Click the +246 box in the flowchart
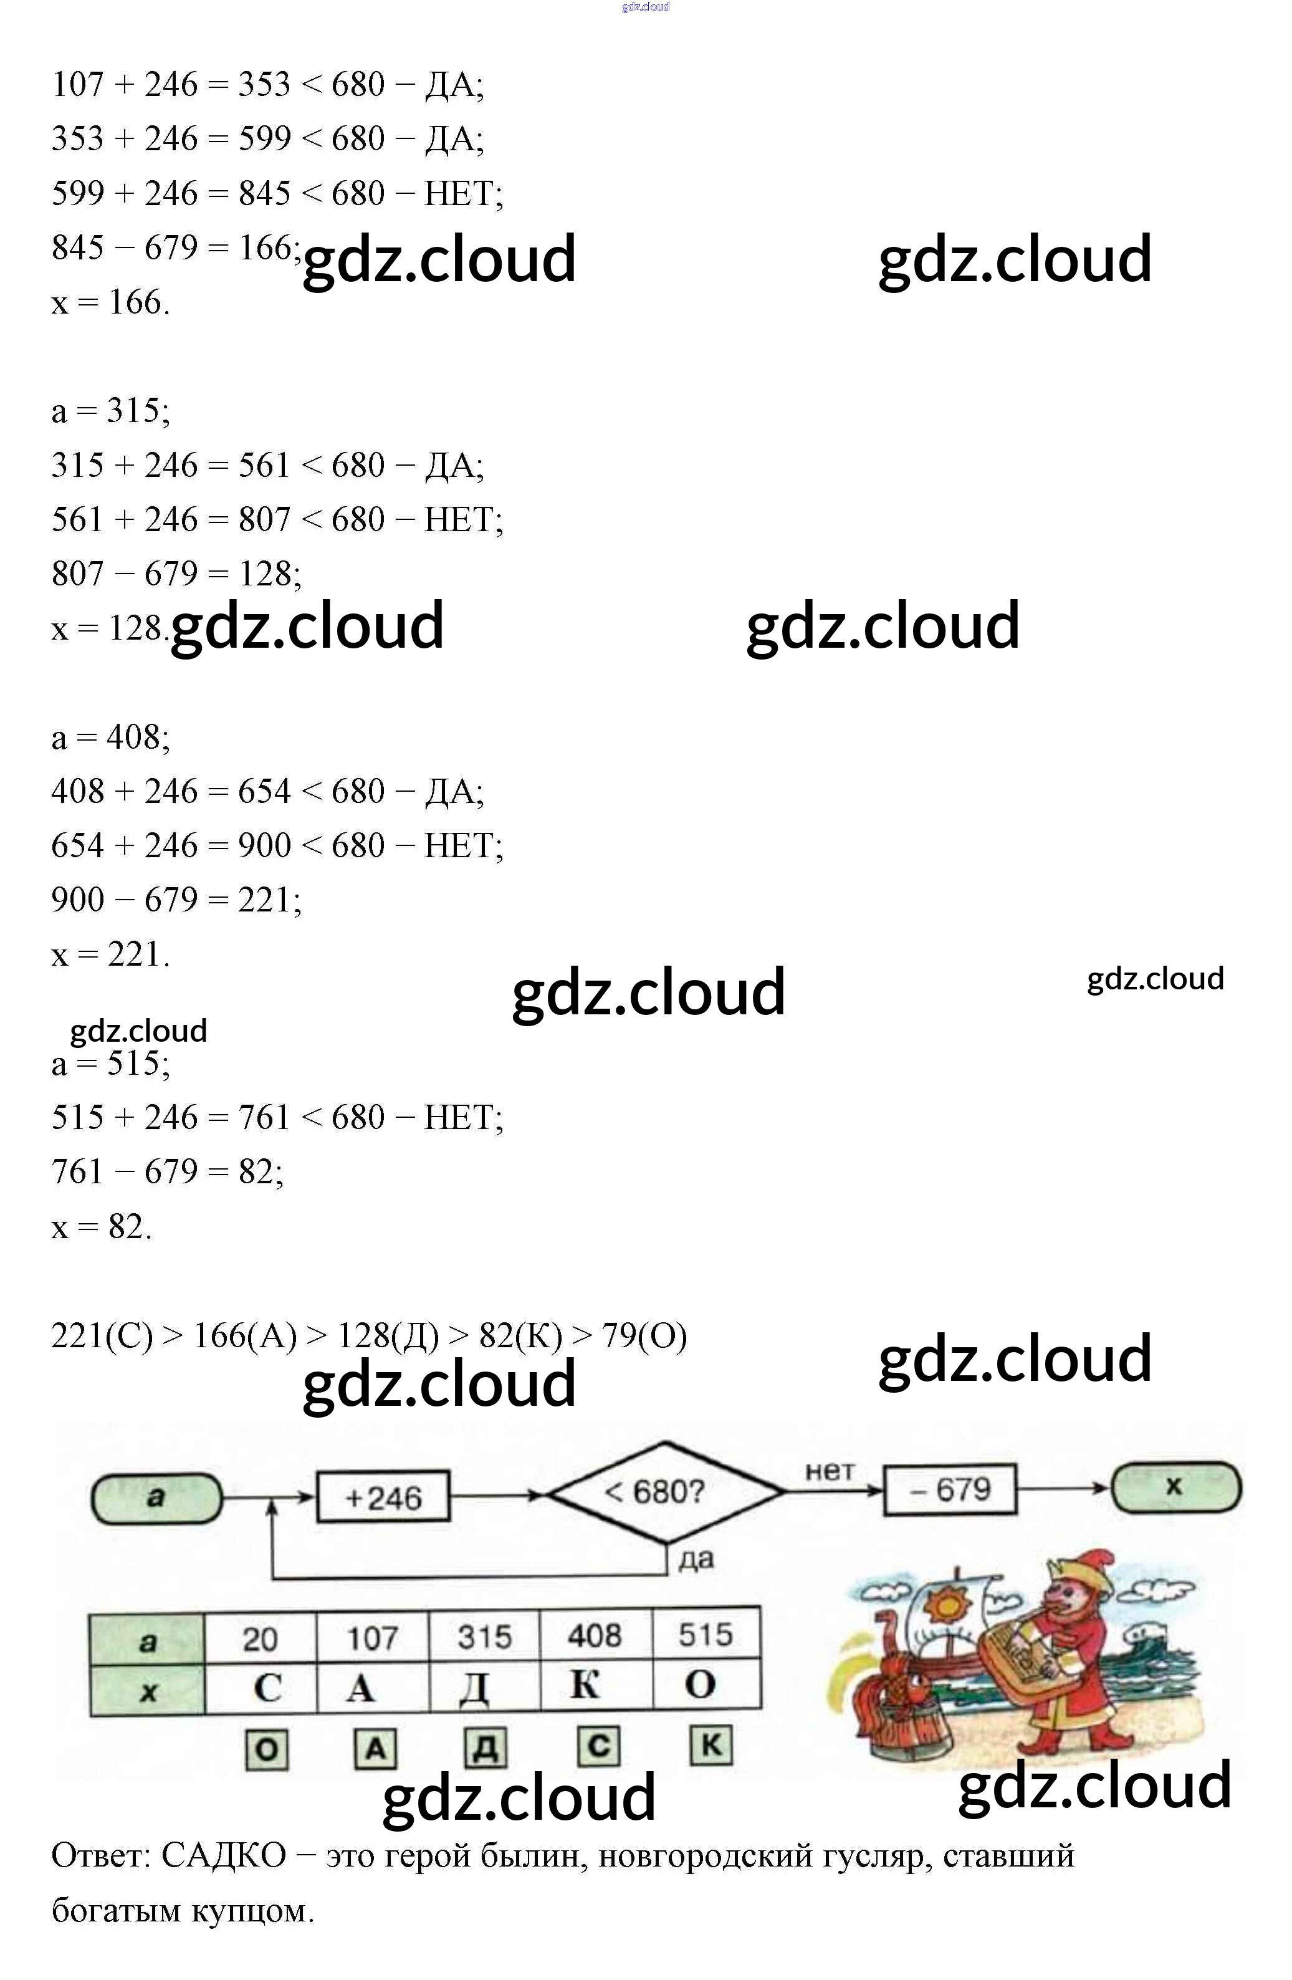point(383,1497)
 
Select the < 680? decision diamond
point(665,1492)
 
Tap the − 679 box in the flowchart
point(949,1489)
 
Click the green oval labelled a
point(156,1498)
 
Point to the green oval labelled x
point(1175,1487)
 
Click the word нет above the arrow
point(830,1472)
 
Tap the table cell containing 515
point(706,1635)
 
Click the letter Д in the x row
point(474,1687)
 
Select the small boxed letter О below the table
point(267,1749)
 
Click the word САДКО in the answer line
point(223,1855)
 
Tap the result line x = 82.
point(102,1226)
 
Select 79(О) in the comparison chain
point(644,1335)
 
